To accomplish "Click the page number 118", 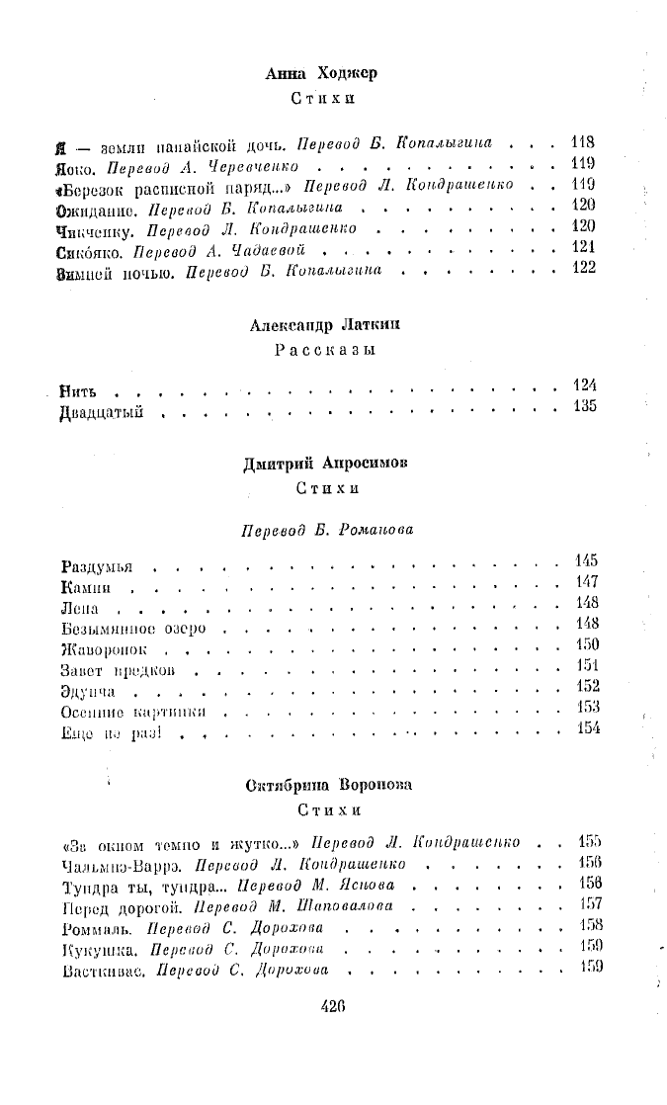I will (x=583, y=142).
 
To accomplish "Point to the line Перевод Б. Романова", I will (x=328, y=530).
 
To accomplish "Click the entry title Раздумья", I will (x=96, y=568).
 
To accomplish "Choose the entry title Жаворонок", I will (x=104, y=650).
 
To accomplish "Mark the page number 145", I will (x=586, y=562).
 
